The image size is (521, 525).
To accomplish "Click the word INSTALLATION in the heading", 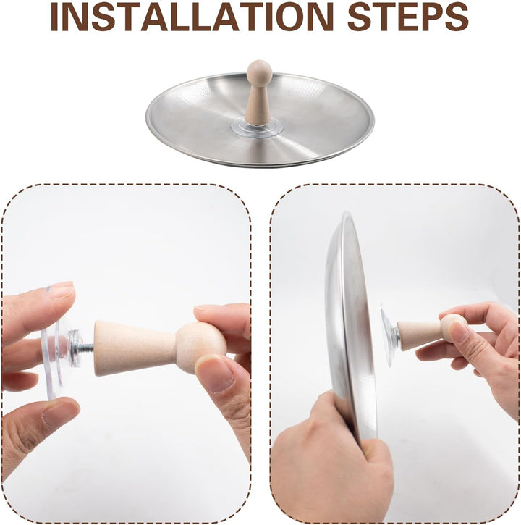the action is coord(192,17).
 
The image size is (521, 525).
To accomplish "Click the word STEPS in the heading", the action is coord(408,17).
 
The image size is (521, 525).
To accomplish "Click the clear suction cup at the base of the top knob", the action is coord(257,128).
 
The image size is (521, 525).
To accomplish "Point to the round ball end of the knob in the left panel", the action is coord(200,348).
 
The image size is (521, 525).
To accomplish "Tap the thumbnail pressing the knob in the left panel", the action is coord(214,374).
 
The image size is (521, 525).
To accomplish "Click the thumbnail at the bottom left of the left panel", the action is coord(59,414).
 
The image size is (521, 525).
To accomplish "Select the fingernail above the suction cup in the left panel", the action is coord(62,289).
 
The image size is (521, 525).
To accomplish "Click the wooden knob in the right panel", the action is coord(432,332).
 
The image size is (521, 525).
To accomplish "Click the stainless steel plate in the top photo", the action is coord(260,119).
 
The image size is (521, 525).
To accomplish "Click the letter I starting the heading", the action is coord(54,17).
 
